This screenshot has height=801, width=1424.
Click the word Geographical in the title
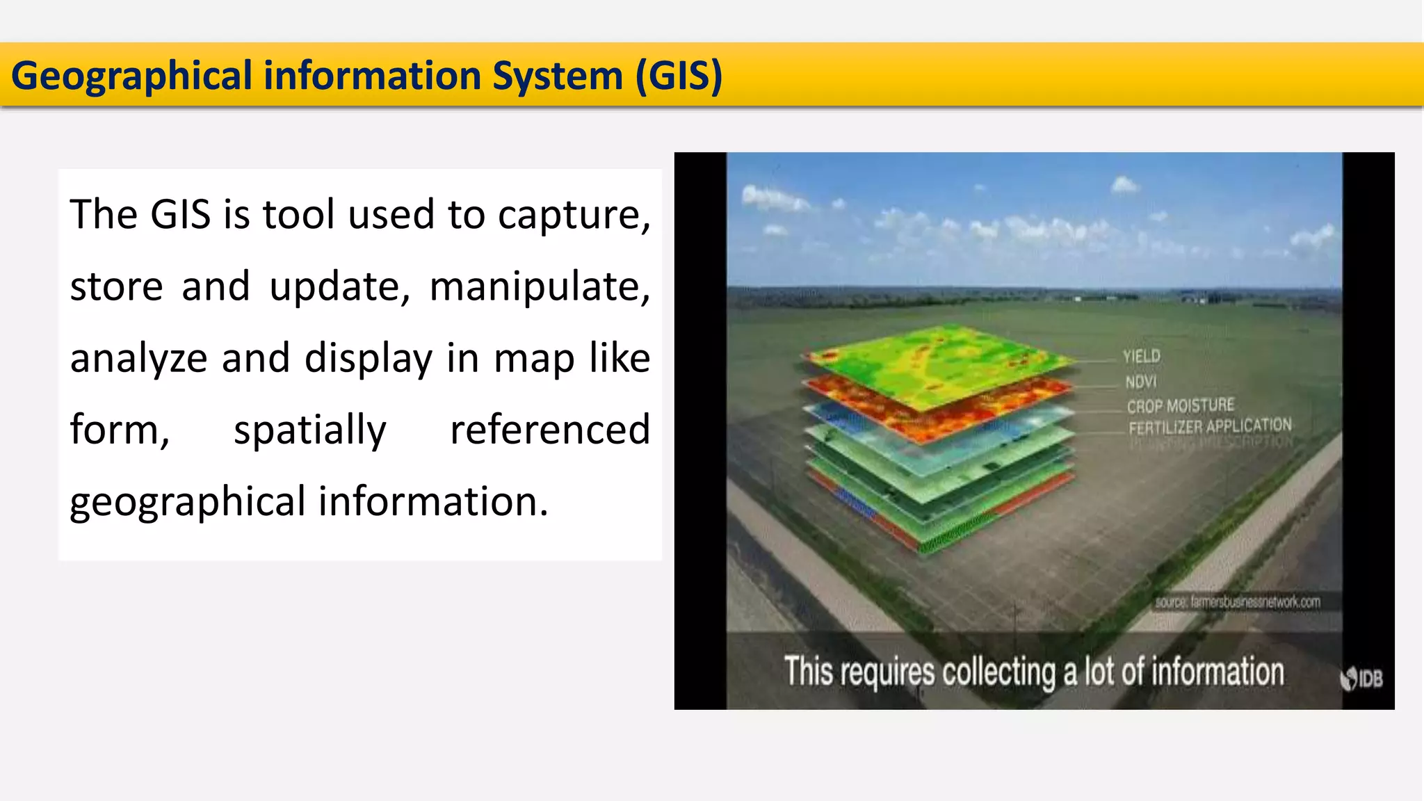[131, 76]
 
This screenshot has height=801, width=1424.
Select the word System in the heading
[557, 76]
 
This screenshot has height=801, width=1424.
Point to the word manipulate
[540, 286]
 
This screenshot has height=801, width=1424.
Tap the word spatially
[309, 430]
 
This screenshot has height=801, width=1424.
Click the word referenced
[549, 430]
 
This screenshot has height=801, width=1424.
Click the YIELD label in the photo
[1141, 357]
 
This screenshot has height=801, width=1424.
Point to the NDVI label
[1140, 382]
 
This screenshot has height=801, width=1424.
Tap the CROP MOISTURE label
[1180, 405]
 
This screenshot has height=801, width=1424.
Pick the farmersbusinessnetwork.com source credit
[1238, 602]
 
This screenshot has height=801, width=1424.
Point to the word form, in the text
[120, 430]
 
